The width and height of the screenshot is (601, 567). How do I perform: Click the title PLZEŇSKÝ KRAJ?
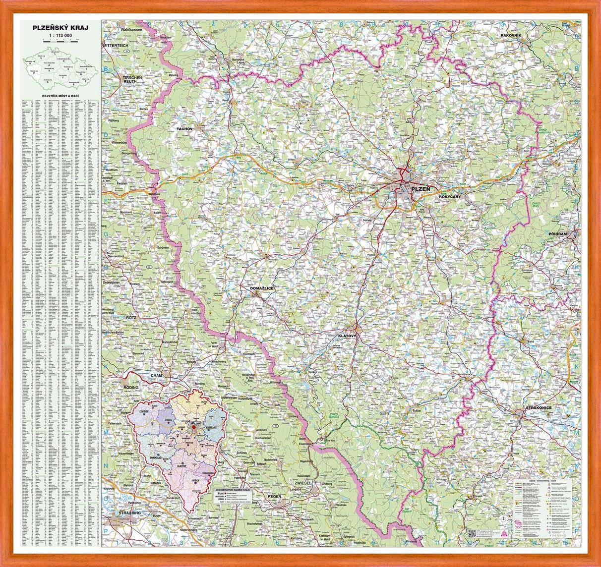coord(60,28)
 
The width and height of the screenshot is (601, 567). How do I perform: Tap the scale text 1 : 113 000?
coord(60,36)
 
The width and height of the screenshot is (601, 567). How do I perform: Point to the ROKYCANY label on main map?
coord(450,197)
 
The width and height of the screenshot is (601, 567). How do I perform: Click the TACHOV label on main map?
coord(183,128)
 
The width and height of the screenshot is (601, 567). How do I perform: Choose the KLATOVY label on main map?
coord(347,336)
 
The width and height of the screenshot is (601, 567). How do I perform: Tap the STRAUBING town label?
coord(127,512)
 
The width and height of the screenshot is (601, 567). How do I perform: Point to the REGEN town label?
coord(274,496)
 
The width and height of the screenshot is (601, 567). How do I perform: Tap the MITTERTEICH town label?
coord(117,45)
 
